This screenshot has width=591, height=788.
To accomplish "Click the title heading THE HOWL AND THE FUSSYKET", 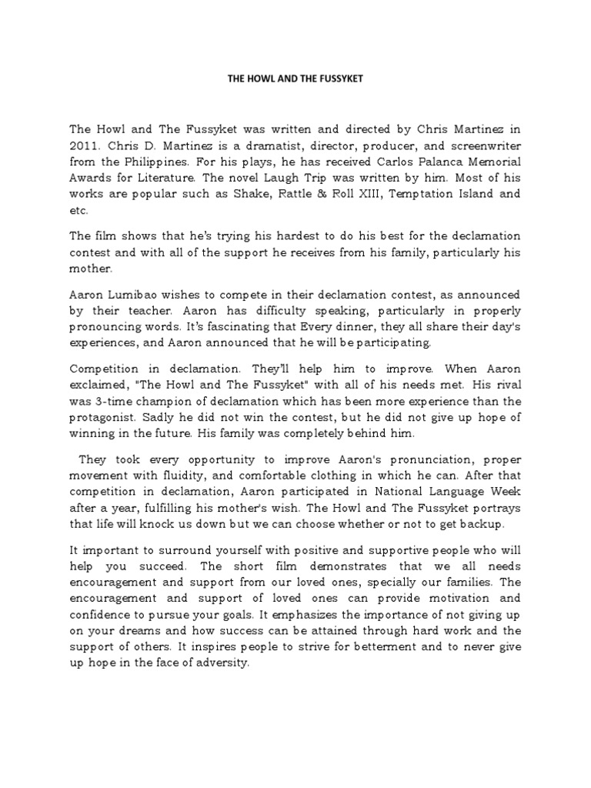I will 295,78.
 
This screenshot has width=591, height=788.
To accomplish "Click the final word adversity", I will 224,663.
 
